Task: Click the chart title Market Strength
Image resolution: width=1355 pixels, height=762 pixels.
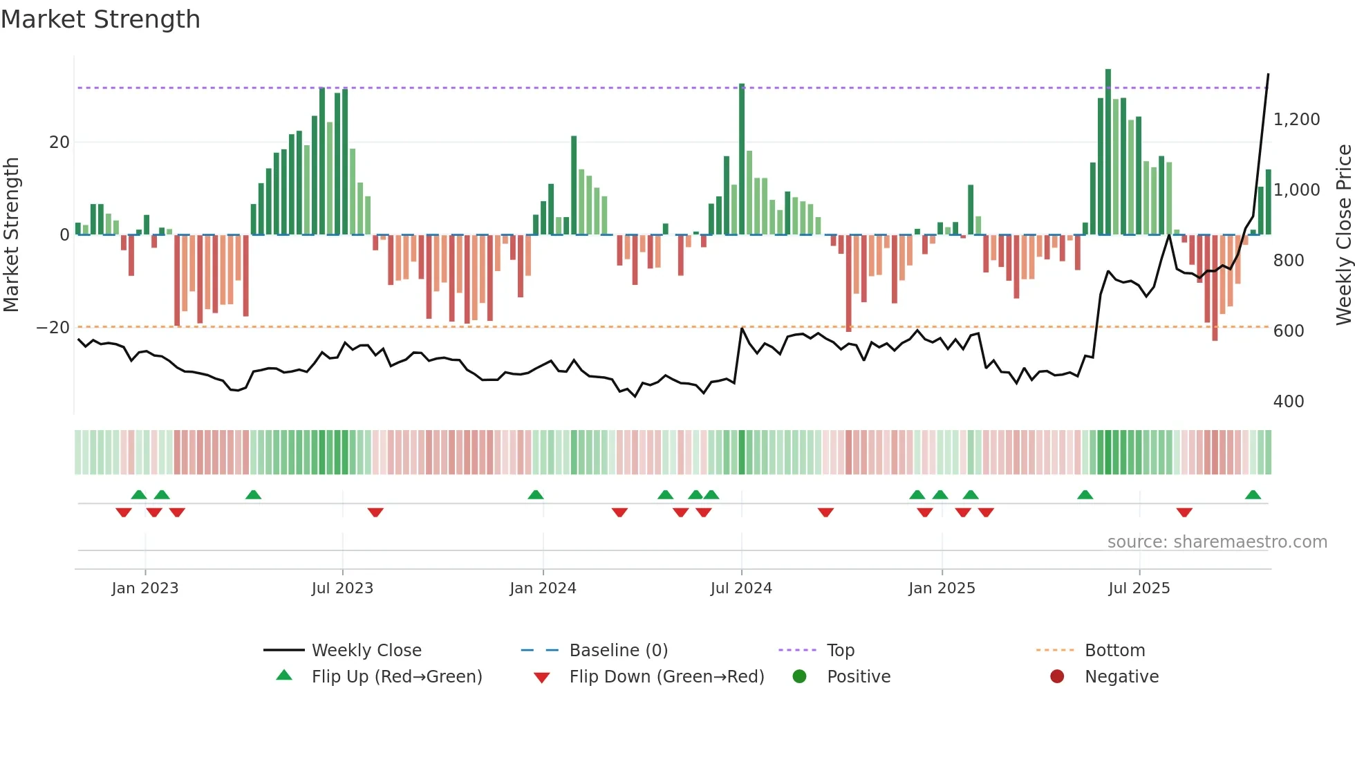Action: (100, 19)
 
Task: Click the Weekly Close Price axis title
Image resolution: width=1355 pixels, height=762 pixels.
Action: (1343, 234)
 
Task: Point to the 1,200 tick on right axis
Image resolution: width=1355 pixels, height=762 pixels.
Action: (1296, 120)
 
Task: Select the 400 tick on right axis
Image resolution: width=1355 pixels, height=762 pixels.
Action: (1288, 402)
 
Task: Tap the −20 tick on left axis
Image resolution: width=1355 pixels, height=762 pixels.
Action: (53, 328)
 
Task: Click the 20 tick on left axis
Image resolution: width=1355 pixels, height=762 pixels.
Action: (59, 142)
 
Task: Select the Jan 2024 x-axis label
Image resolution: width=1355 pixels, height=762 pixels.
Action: (543, 588)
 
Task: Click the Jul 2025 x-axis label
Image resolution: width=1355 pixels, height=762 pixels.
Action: (1139, 588)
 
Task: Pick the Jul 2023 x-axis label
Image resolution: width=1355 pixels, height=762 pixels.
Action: (342, 588)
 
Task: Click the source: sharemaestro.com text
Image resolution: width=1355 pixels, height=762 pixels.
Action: (1217, 542)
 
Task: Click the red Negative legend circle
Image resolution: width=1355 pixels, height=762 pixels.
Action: (1056, 677)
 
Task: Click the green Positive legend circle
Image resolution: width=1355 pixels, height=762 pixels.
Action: (799, 677)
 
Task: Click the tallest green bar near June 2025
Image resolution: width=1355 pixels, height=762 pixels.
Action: (1108, 152)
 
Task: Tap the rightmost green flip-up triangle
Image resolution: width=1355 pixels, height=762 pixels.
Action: (1253, 495)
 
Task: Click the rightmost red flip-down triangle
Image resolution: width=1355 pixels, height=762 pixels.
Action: (1184, 512)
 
